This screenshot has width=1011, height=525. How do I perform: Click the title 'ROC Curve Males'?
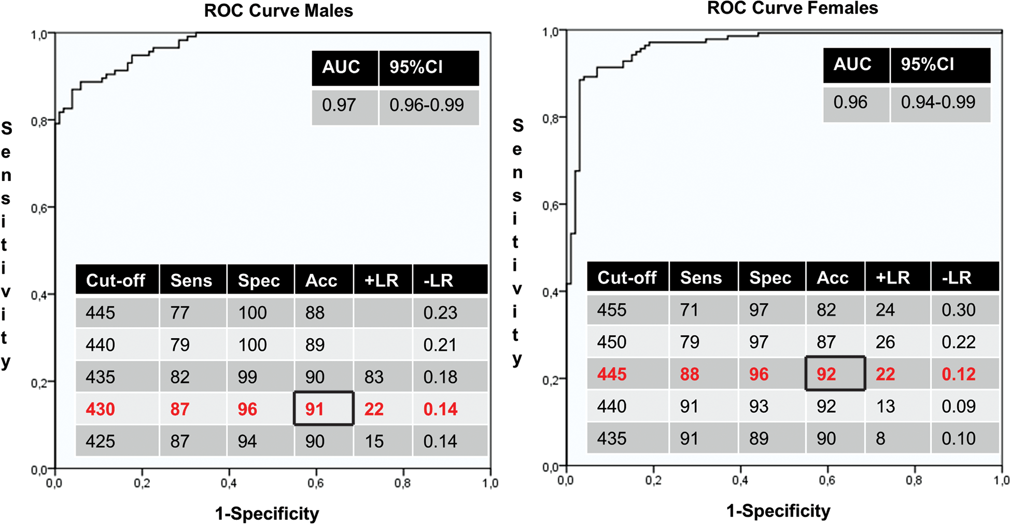(x=278, y=11)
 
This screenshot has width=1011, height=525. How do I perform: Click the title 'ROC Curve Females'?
(x=792, y=8)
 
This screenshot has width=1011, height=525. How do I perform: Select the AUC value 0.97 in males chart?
(x=339, y=105)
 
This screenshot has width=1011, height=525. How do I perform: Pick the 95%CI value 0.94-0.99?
(x=938, y=102)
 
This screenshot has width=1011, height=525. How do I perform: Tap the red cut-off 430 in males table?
(x=100, y=409)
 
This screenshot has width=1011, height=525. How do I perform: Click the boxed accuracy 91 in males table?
(x=315, y=409)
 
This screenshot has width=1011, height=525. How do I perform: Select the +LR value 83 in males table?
(x=374, y=377)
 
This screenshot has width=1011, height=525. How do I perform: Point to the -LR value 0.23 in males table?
(x=440, y=313)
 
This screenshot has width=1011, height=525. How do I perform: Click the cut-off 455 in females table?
(x=612, y=310)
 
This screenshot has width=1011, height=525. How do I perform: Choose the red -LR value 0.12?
(x=959, y=375)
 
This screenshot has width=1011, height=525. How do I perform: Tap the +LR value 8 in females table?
(x=880, y=439)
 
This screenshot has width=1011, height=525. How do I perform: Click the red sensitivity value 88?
(x=689, y=375)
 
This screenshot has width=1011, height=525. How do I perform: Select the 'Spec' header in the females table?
(x=770, y=278)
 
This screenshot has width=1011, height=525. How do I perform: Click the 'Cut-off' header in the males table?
(x=116, y=281)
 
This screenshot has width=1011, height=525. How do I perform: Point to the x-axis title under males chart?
(x=267, y=514)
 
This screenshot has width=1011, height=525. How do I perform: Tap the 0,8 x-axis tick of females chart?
(x=914, y=480)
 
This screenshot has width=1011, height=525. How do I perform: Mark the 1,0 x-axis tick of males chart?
(x=490, y=483)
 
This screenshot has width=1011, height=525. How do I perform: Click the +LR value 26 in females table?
(x=885, y=342)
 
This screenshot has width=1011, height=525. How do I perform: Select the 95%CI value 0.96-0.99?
(x=427, y=105)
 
